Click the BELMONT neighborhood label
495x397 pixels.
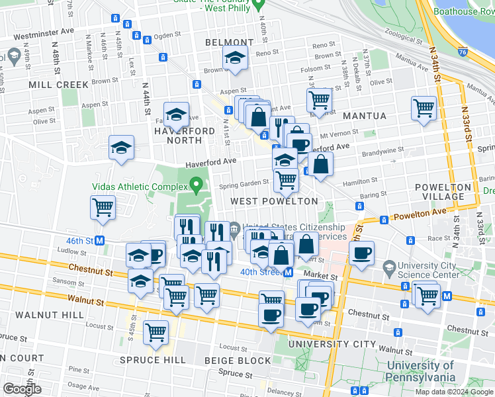click(x=229, y=42)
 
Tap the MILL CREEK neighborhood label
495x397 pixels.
click(x=58, y=85)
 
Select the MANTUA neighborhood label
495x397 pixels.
click(x=365, y=116)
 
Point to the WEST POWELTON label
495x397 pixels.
click(x=274, y=200)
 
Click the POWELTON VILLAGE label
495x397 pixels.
click(x=443, y=192)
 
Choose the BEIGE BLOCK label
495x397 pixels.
click(x=238, y=361)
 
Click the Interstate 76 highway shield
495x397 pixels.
click(x=463, y=50)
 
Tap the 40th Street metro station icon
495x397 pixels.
click(x=288, y=272)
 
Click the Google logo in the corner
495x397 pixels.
click(x=21, y=389)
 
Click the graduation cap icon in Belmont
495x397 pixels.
click(x=235, y=59)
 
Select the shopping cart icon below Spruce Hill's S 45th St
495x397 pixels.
click(x=156, y=332)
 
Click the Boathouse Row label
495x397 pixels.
click(x=464, y=11)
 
